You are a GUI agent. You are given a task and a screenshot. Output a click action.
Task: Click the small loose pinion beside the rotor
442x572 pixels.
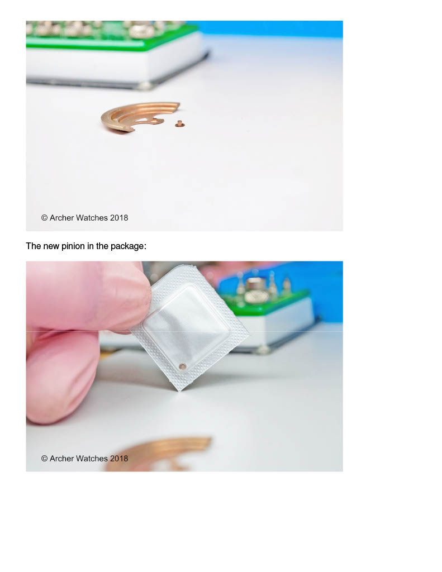pyautogui.click(x=179, y=124)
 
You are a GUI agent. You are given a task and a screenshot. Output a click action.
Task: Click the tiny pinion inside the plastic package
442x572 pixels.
pyautogui.click(x=182, y=366)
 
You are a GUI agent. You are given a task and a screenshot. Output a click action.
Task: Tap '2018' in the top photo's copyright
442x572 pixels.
pyautogui.click(x=119, y=218)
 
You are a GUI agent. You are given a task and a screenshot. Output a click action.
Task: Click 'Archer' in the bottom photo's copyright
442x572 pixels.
pyautogui.click(x=61, y=459)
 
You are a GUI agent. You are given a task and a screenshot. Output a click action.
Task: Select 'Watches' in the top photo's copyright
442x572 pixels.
pyautogui.click(x=92, y=218)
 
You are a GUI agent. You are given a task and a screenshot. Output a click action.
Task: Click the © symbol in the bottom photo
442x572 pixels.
pyautogui.click(x=45, y=459)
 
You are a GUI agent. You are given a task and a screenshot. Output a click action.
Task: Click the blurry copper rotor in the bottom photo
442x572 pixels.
pyautogui.click(x=160, y=452)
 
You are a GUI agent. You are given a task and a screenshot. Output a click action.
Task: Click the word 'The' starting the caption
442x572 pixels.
pyautogui.click(x=33, y=246)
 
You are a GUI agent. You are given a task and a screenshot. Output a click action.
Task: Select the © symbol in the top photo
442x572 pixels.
pyautogui.click(x=45, y=218)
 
